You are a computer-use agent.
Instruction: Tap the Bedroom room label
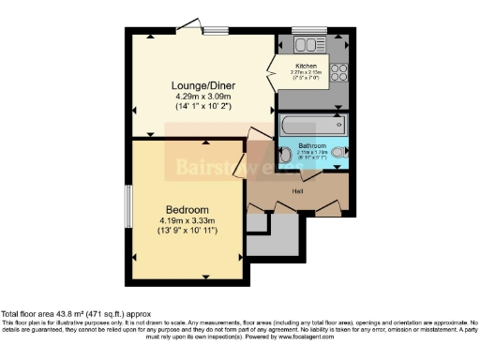click(x=187, y=208)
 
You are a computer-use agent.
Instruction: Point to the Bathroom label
click(x=312, y=146)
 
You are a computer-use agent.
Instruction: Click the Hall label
click(x=298, y=191)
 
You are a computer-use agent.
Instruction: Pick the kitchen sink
click(x=307, y=42)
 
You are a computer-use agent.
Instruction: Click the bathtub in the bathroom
click(x=313, y=125)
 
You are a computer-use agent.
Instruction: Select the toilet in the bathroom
click(x=286, y=156)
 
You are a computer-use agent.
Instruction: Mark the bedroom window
click(x=128, y=205)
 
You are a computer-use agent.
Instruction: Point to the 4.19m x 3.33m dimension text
click(x=187, y=220)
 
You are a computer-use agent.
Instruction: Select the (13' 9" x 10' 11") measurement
click(x=187, y=230)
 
